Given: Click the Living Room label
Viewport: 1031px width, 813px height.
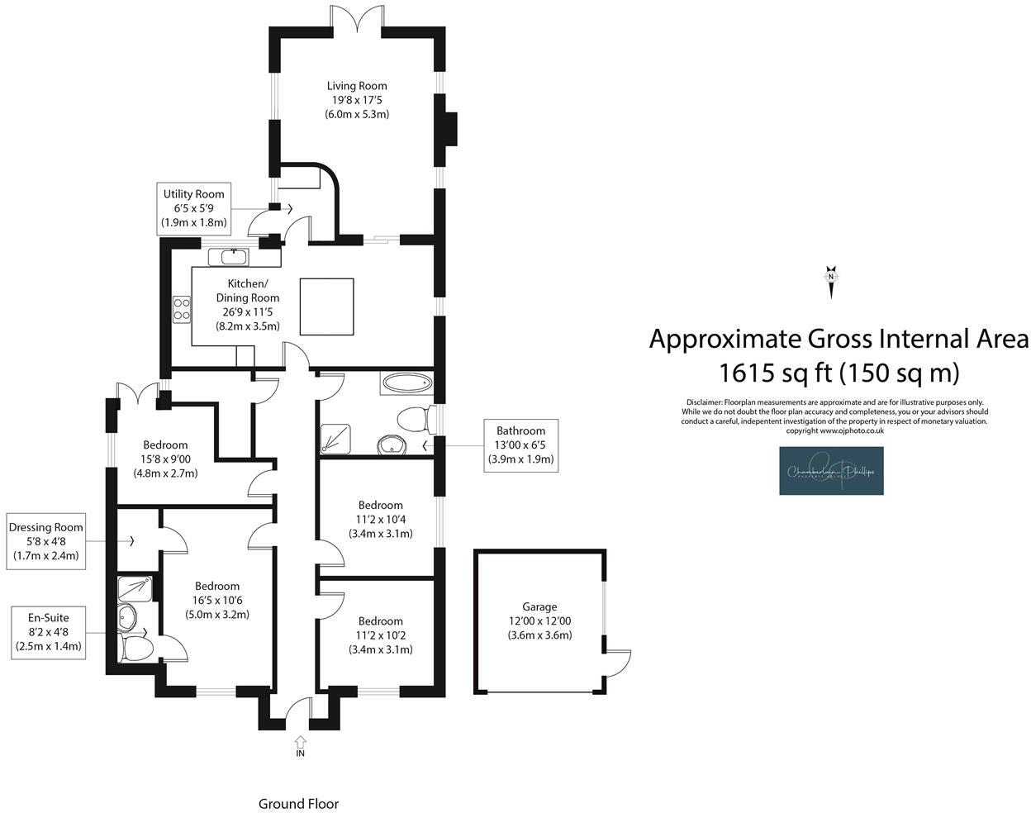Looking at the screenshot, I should (357, 100).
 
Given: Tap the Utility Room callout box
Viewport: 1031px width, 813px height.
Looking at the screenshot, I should (194, 208).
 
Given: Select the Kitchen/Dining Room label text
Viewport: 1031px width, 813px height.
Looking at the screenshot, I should (248, 305).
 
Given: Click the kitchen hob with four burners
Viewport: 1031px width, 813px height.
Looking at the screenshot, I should (182, 308).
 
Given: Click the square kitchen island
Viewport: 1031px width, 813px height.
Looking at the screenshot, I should (326, 306).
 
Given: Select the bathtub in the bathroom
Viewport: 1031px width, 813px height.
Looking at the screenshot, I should (406, 383).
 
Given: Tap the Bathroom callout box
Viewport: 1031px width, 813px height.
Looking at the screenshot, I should (520, 445).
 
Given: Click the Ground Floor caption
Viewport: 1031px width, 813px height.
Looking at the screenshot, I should (298, 803).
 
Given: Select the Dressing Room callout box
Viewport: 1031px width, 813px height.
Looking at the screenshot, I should (46, 541).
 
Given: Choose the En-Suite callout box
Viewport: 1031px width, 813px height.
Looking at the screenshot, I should (49, 631).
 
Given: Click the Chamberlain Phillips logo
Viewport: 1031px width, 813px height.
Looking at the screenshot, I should (831, 471).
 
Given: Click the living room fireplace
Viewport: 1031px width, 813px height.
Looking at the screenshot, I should (449, 128).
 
